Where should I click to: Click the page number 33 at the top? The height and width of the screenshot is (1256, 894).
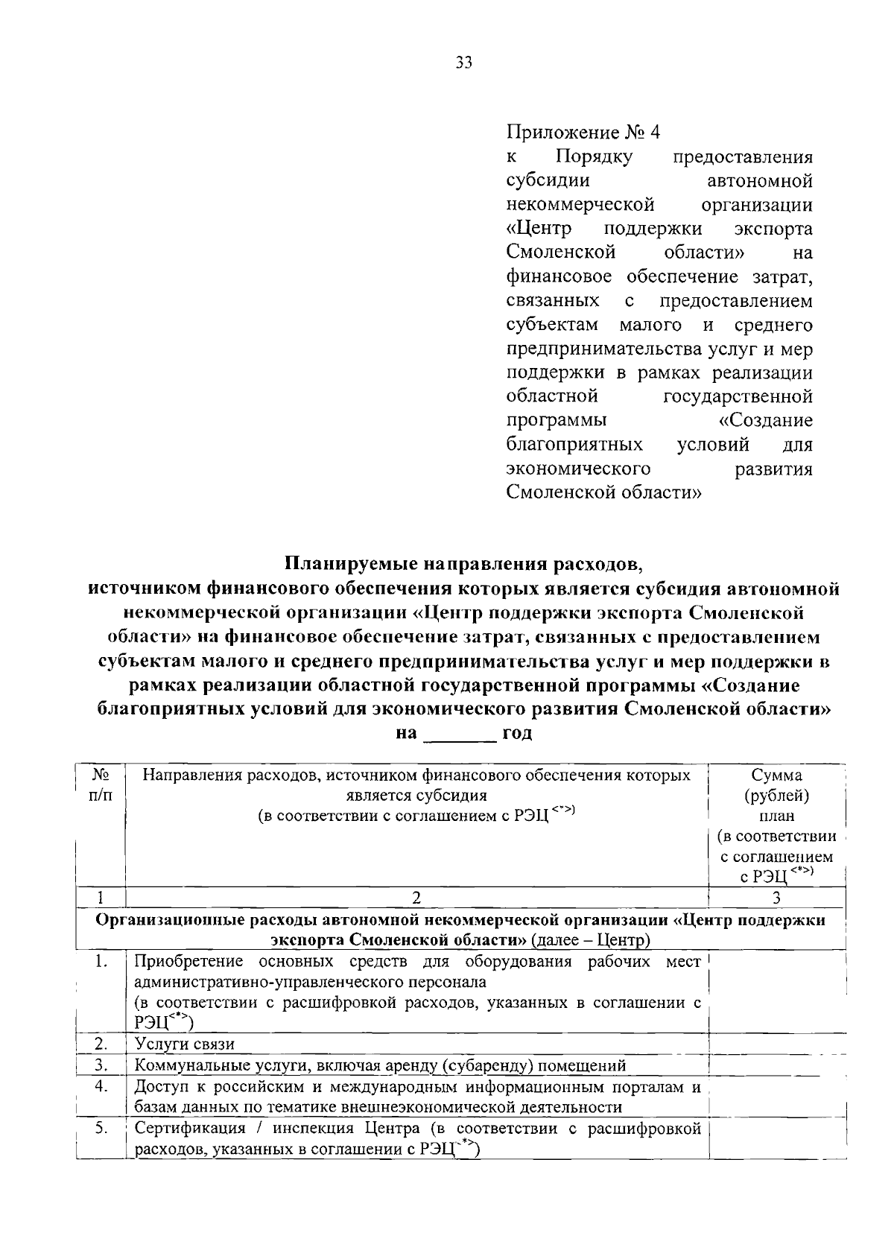pyautogui.click(x=463, y=63)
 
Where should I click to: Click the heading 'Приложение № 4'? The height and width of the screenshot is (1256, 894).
pyautogui.click(x=583, y=133)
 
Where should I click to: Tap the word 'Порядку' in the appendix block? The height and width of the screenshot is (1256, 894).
pyautogui.click(x=594, y=157)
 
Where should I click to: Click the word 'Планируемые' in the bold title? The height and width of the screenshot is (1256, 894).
pyautogui.click(x=349, y=562)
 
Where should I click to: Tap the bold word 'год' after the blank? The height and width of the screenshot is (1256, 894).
pyautogui.click(x=517, y=733)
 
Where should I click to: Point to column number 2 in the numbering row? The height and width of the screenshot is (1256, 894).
pyautogui.click(x=416, y=897)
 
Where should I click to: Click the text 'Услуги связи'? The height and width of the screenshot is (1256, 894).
pyautogui.click(x=184, y=1044)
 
